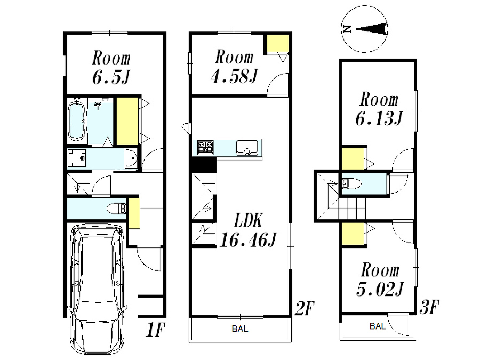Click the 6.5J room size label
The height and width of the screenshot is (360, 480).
point(111,77)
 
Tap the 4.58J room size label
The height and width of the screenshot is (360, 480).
point(235,76)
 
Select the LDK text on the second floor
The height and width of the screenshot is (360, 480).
point(248,220)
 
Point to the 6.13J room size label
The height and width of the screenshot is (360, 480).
point(379,118)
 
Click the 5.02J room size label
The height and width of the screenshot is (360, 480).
point(380,289)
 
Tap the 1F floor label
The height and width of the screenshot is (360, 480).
point(156,330)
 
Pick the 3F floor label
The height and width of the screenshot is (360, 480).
point(429,307)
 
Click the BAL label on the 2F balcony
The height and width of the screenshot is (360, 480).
point(240,329)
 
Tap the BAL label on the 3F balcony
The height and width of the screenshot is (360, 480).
point(378,326)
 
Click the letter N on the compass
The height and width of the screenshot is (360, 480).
point(347,29)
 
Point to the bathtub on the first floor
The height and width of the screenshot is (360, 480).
point(76,121)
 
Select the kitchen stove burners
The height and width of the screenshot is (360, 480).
point(205,147)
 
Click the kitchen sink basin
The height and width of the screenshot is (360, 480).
point(247,148)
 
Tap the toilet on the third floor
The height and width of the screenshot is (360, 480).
point(351,183)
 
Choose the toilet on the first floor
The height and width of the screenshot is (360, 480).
point(116,209)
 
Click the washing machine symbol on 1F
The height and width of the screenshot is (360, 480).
point(77,158)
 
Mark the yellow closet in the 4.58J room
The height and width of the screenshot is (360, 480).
point(277,44)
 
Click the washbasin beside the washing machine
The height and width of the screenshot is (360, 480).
point(131,158)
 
